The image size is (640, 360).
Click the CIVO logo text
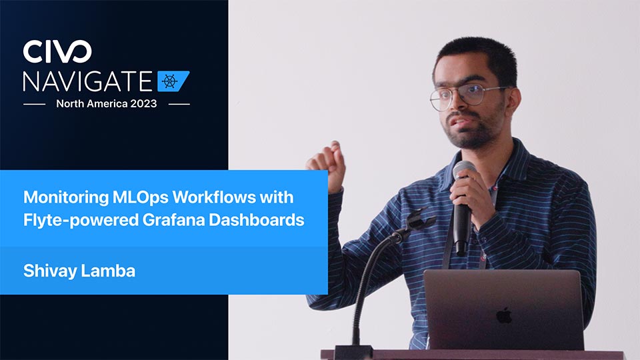pos(57,51)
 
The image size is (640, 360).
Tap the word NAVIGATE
pos(88,81)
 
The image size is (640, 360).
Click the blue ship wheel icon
pos(173,81)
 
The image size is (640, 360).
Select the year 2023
pos(143,104)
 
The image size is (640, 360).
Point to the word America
pos(107,104)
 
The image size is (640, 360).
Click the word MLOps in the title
pos(141,197)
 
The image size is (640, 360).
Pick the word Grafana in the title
pos(173,220)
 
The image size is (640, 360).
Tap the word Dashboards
pos(256,220)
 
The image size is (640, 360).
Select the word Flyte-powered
pos(81,221)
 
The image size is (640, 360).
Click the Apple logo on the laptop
pos(505,315)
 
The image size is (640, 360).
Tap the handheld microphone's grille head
pos(464,170)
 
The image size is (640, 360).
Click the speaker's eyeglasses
pos(467,96)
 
